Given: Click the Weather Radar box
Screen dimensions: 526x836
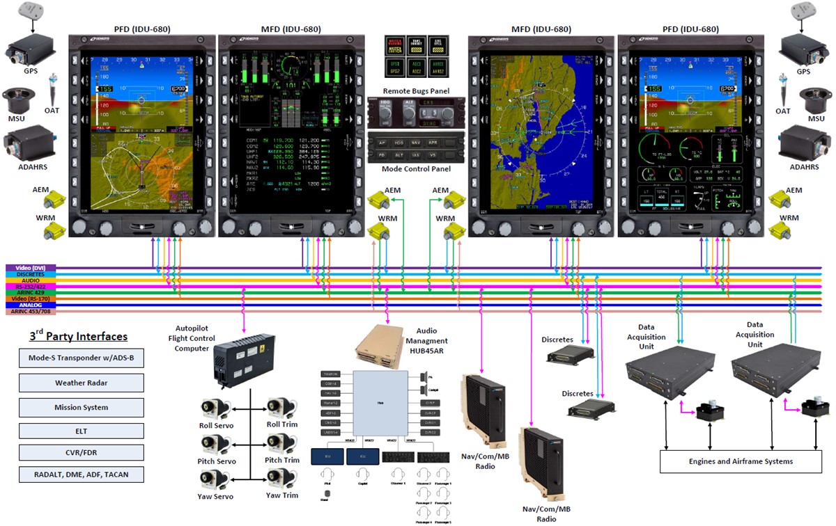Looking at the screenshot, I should [82, 383].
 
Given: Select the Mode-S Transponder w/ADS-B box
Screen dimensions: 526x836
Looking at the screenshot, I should [82, 359].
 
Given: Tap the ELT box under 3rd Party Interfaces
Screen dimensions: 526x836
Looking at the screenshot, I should [82, 430].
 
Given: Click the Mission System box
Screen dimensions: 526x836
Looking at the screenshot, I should [82, 407].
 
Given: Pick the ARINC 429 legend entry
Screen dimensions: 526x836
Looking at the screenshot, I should [30, 293].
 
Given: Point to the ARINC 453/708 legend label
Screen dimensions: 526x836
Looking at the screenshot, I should [30, 312].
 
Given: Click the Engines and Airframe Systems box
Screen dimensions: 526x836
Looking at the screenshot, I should [740, 461].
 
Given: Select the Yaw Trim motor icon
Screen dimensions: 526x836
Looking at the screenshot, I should [281, 480].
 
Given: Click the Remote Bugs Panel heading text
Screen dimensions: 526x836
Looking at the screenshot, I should [416, 91].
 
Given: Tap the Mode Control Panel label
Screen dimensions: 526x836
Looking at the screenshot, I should [416, 169].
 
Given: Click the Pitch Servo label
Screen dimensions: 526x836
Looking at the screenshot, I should [216, 461].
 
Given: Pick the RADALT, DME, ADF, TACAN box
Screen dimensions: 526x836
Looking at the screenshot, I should [82, 475].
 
